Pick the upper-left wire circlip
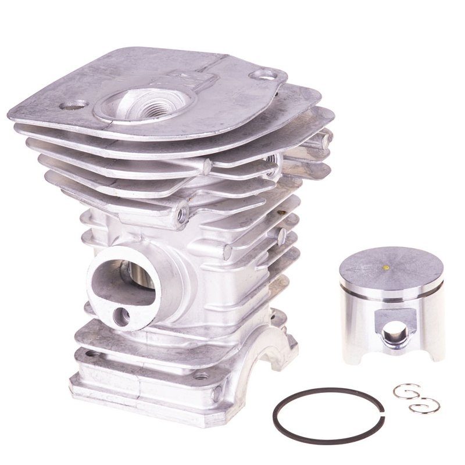coord(403,391)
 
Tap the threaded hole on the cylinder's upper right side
coord(269,158)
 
